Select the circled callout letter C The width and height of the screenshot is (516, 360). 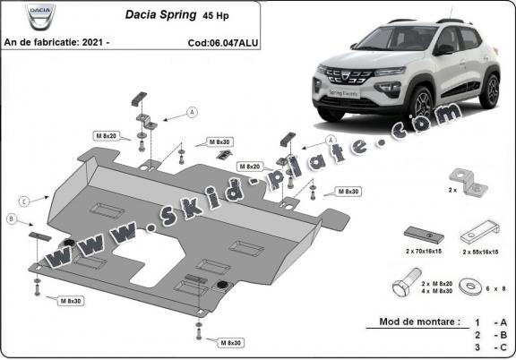coord(24,199)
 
